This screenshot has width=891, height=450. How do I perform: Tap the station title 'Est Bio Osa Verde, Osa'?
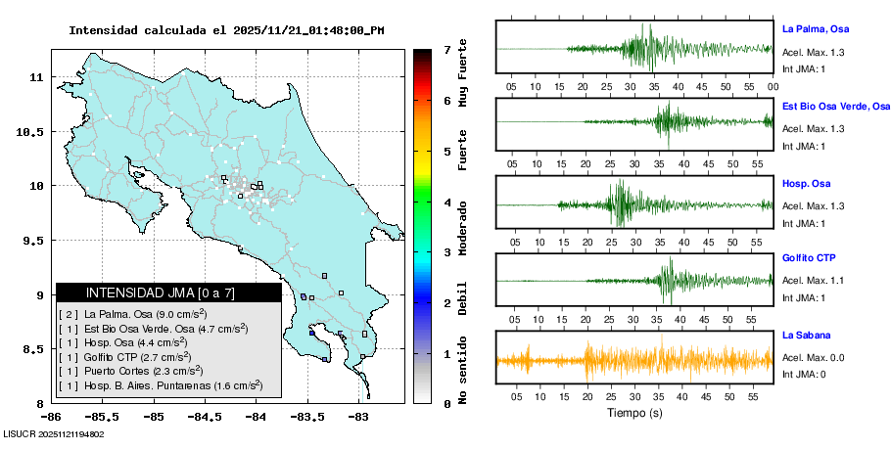(835, 106)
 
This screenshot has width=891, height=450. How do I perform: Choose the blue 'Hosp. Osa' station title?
(807, 183)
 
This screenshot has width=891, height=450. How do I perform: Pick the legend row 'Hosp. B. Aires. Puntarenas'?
(160, 385)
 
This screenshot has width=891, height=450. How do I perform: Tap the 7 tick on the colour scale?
(446, 49)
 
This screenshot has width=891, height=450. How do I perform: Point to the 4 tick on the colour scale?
(446, 202)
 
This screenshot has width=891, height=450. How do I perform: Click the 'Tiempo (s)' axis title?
(633, 413)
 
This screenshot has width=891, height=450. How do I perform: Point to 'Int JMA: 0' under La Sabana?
(804, 375)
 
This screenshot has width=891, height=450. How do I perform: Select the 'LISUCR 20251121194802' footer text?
(53, 433)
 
